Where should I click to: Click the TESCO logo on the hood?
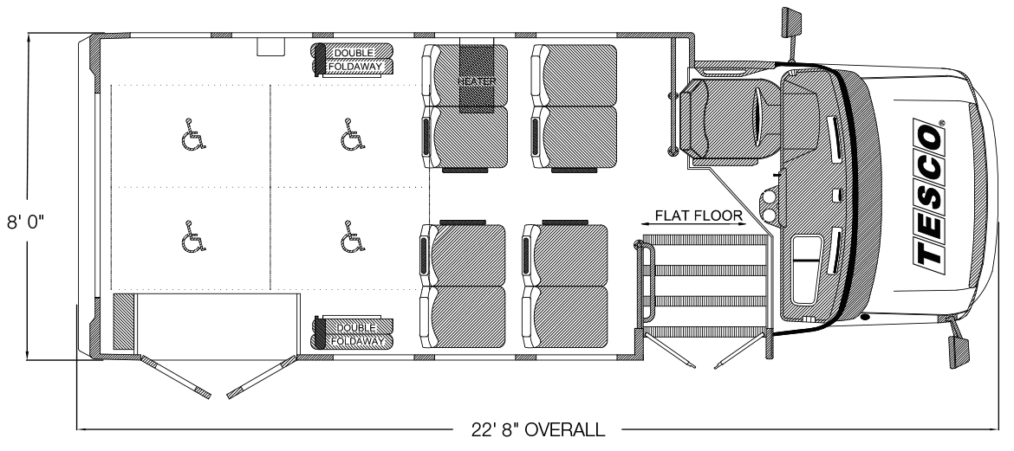click(929, 192)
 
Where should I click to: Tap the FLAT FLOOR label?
click(699, 216)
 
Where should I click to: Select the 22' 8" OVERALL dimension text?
click(538, 429)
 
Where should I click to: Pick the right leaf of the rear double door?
click(261, 377)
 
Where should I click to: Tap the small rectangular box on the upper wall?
click(271, 47)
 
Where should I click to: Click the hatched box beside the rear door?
click(123, 322)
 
